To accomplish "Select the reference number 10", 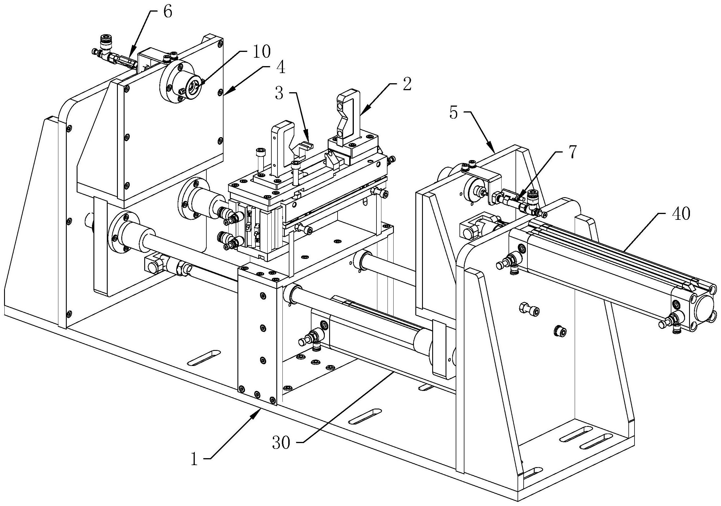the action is coord(261,52).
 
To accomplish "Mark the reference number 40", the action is coord(681,214).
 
